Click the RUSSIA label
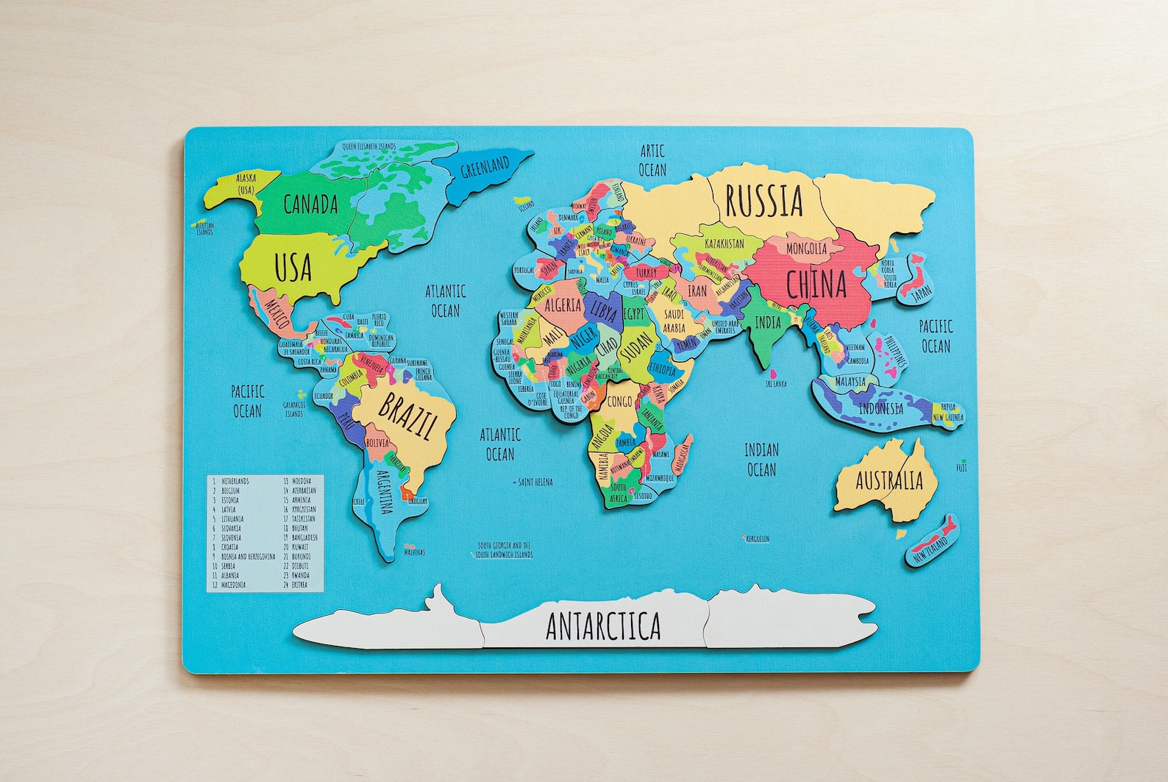click(763, 201)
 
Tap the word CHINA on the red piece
click(816, 285)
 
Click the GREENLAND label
click(485, 168)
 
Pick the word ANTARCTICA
click(603, 626)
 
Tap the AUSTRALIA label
click(889, 481)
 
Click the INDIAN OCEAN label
click(761, 459)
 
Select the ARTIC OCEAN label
click(652, 160)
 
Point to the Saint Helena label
click(535, 482)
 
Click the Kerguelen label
click(757, 538)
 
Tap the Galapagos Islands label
click(293, 409)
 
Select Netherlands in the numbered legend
click(235, 481)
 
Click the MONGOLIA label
click(806, 249)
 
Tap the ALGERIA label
click(563, 305)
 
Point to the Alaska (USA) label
click(246, 184)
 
